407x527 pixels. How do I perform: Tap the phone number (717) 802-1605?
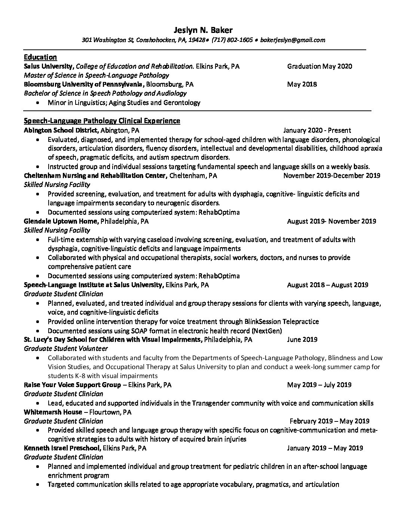point(232,40)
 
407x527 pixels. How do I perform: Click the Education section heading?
point(40,57)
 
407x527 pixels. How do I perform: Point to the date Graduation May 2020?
point(319,66)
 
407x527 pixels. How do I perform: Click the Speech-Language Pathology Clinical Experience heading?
point(102,121)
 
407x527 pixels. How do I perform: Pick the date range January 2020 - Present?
point(317,130)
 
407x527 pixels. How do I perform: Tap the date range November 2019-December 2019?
point(331,176)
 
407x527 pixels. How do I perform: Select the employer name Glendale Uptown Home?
point(61,221)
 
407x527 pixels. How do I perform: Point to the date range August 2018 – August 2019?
point(327,285)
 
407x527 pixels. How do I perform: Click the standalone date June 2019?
point(302,339)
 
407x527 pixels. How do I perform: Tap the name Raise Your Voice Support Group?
point(72,385)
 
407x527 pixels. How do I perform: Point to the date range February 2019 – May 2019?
point(329,421)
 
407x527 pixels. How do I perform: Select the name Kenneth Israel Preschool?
point(62,448)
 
